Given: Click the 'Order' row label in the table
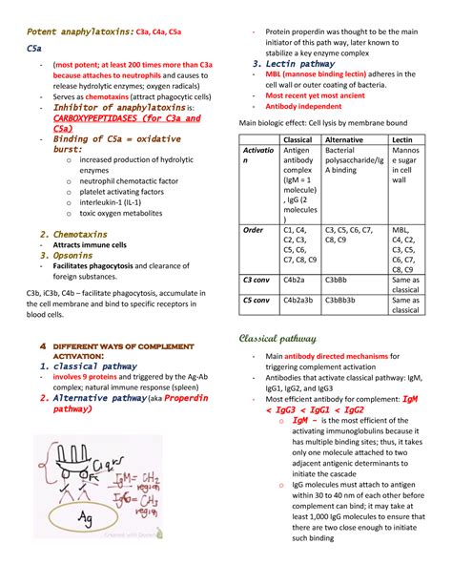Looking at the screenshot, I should [x=253, y=230].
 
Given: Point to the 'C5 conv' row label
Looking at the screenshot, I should [x=257, y=299].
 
